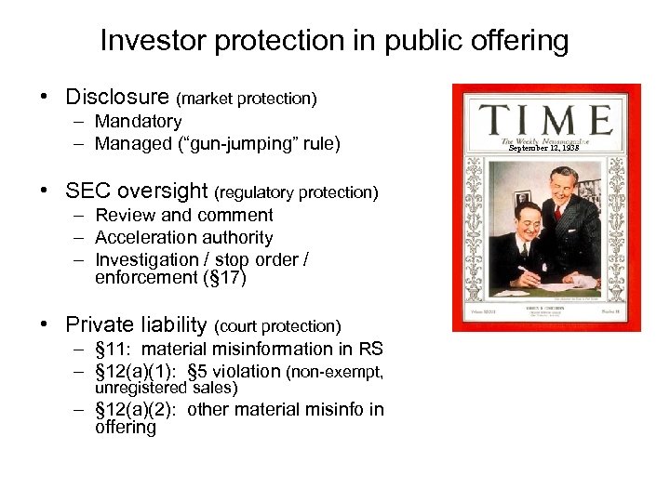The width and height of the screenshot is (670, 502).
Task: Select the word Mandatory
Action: [139, 121]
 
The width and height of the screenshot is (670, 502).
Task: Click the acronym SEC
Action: [87, 192]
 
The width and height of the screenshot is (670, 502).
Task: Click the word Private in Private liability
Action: [98, 324]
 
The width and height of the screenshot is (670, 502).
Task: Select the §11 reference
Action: [111, 350]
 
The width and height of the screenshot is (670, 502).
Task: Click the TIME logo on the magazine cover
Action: [546, 121]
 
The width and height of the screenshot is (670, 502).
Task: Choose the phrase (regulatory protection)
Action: [297, 192]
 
